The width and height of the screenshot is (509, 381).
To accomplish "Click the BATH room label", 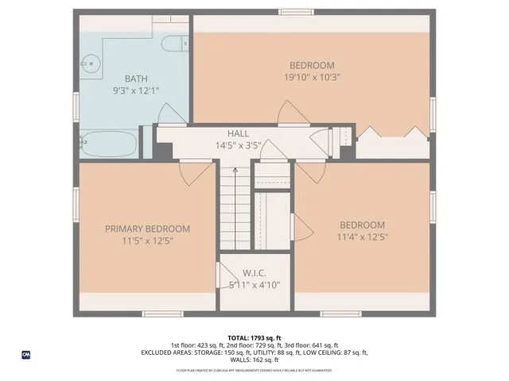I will point(136,79).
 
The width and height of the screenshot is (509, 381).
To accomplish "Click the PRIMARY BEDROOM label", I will point(148,229).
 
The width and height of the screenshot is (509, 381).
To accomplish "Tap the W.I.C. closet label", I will point(254,272).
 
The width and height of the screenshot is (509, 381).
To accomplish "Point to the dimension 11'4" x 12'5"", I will point(362,237).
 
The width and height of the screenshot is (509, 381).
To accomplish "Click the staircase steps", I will point(235,206).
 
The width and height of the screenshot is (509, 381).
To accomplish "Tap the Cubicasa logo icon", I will point(26,355).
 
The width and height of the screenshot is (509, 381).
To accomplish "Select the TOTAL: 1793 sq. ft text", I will point(254,337).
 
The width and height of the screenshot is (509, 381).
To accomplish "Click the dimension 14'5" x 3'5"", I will point(239,145).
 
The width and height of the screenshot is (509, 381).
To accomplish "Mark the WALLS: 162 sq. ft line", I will point(254,360).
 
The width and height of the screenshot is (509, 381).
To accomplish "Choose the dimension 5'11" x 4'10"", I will point(254,284).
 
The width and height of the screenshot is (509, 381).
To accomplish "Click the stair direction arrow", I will point(235,170).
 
